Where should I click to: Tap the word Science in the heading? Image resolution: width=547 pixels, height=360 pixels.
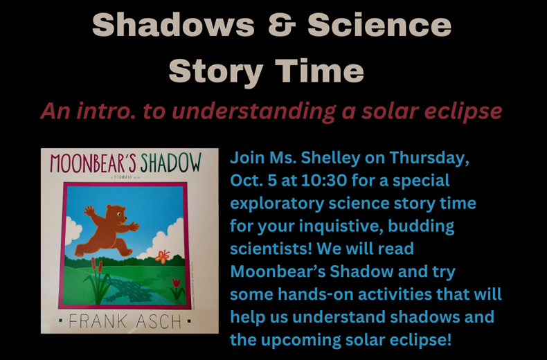379,26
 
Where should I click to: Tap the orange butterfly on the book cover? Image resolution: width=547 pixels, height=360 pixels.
163,258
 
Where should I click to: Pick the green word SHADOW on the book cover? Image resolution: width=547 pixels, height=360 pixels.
171,164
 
